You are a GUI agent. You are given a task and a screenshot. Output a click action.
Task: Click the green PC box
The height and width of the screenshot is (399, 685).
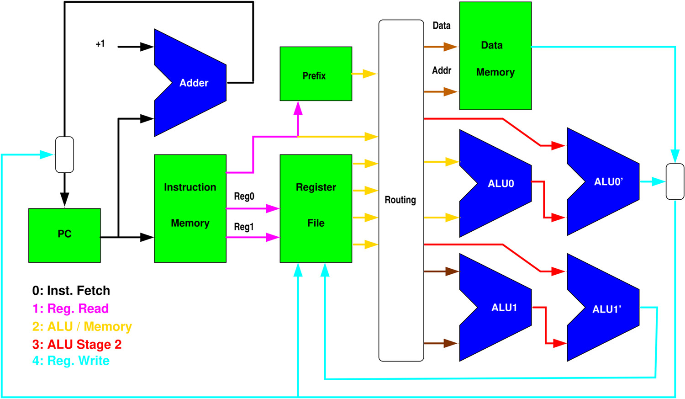(64, 235)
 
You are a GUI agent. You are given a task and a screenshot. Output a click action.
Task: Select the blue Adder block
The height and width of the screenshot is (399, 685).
(192, 83)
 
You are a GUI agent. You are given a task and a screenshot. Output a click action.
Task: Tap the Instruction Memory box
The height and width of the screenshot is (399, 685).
(190, 208)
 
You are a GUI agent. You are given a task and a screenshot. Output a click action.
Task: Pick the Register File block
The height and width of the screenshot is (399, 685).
(316, 208)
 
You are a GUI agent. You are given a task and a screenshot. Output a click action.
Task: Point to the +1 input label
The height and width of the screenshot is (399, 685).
(100, 44)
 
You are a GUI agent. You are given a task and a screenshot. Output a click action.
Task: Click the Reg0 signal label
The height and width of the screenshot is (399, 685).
(244, 197)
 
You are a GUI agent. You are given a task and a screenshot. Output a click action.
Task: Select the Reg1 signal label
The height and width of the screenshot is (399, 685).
(244, 227)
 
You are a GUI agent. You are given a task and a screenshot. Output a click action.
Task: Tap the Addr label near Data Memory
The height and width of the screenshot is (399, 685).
(442, 70)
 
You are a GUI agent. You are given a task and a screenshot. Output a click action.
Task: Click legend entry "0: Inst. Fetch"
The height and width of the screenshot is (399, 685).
(71, 291)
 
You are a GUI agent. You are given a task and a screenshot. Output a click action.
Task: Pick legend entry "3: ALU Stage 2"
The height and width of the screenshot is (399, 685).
(77, 344)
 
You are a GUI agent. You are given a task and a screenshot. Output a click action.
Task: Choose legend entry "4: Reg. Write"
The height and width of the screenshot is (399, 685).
(71, 361)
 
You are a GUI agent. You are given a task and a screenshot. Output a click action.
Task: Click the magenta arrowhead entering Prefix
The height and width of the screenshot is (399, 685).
(298, 108)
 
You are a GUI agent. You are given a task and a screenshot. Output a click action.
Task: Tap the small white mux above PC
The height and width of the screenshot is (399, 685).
(64, 154)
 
